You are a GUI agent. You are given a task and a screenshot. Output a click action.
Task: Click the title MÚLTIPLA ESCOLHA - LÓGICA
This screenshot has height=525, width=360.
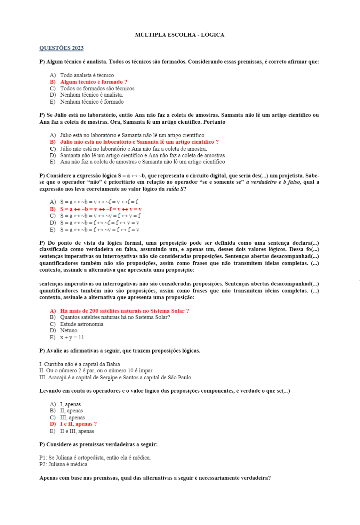point(179,35)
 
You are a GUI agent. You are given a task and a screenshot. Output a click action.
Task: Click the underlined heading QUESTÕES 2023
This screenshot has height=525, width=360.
point(61,48)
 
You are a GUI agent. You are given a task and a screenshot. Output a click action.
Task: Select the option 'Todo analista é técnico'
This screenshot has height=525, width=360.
point(87,75)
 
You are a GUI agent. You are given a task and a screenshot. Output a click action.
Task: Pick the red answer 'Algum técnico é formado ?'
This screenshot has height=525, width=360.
point(94,82)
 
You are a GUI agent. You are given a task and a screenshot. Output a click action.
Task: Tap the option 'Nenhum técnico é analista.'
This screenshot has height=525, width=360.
point(92,95)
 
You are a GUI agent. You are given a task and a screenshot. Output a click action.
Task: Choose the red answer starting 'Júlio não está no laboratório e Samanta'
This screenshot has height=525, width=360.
point(139,142)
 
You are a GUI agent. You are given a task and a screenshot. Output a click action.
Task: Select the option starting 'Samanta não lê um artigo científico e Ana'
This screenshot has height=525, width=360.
point(142,155)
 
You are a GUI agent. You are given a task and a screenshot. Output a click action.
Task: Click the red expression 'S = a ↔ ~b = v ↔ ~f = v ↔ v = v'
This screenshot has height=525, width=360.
point(101,209)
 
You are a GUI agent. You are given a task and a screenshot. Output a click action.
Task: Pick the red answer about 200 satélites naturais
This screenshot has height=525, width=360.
point(124,311)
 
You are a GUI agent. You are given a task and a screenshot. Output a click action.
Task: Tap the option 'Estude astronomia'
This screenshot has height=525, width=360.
point(82,324)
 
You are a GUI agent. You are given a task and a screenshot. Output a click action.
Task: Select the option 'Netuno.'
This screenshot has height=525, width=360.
point(69,331)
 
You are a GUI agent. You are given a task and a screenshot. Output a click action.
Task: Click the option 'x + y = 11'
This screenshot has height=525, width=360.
point(72,338)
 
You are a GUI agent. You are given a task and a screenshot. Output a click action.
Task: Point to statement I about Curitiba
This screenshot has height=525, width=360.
point(79,364)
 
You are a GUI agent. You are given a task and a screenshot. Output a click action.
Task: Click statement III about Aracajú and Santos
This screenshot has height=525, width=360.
point(115,378)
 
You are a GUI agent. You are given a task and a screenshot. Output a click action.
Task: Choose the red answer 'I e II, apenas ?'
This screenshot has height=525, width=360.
point(78,424)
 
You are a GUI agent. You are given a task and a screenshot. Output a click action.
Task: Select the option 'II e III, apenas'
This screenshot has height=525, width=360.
point(77,431)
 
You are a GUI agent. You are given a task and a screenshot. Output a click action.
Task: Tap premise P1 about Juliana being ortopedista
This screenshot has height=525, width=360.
point(95,458)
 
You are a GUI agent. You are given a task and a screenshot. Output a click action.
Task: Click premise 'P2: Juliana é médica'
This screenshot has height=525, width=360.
point(63,465)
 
